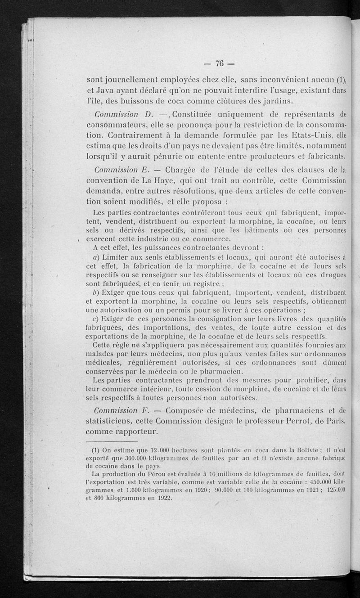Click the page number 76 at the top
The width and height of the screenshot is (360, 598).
(x=220, y=63)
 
